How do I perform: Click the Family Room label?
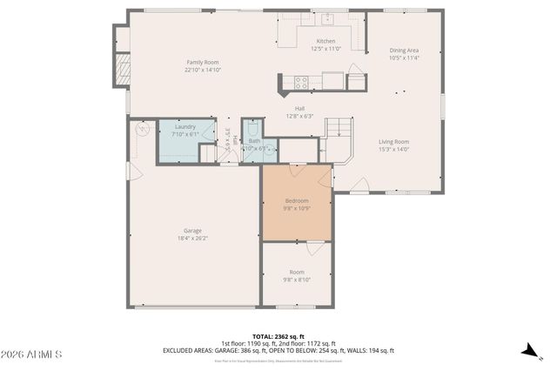click(x=200, y=62)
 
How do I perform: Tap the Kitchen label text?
click(x=325, y=41)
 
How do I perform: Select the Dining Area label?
click(x=404, y=51)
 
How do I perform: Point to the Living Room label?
click(x=393, y=141)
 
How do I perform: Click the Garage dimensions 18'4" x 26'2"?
click(x=192, y=238)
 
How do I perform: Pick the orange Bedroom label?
click(x=296, y=201)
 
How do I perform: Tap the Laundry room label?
click(x=185, y=127)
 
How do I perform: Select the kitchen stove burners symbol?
click(x=301, y=82)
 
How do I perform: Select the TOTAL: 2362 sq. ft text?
click(x=278, y=335)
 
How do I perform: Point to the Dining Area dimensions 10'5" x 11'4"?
click(x=404, y=58)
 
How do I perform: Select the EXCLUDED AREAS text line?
click(x=278, y=350)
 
